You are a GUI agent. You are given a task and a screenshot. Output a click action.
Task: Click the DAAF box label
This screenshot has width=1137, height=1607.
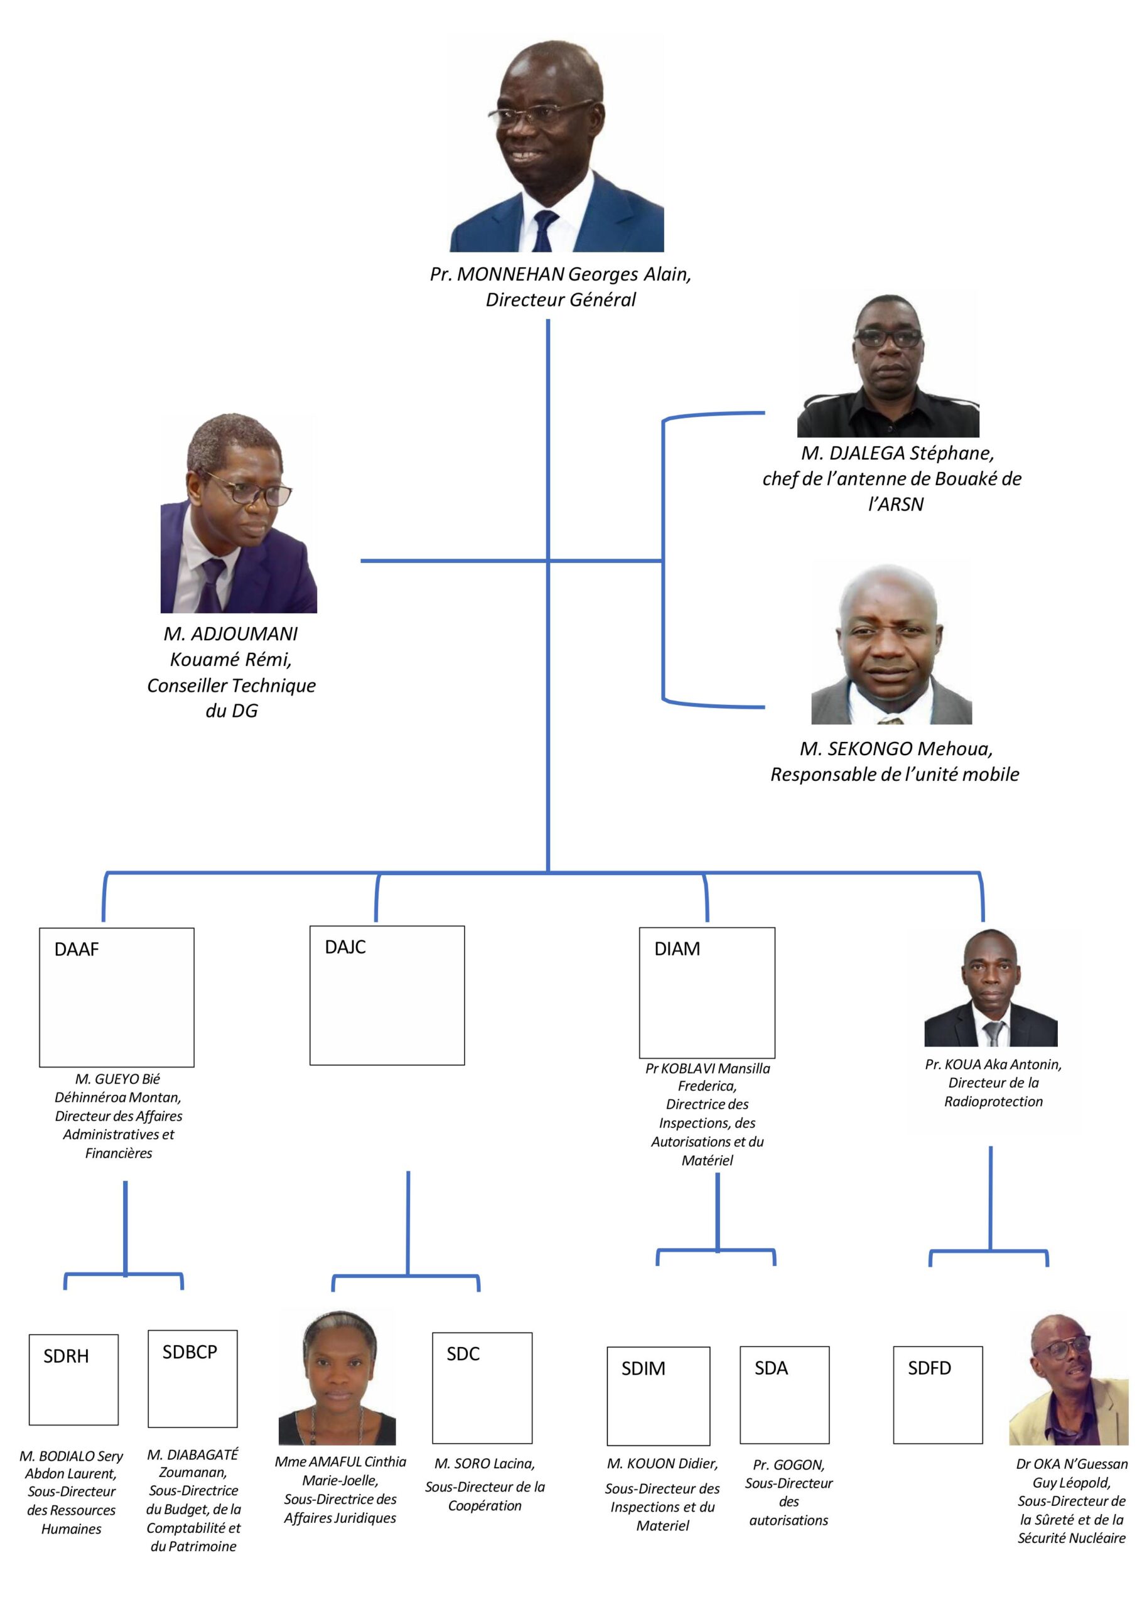coord(77,950)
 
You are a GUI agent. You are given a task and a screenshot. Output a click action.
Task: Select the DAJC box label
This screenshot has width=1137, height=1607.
coord(345,947)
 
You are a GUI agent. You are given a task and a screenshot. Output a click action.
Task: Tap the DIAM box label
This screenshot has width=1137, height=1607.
coord(677,949)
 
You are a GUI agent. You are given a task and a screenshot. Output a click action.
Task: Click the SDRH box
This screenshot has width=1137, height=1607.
coord(73,1380)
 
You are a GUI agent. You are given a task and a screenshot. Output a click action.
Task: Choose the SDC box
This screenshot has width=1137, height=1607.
coord(482,1387)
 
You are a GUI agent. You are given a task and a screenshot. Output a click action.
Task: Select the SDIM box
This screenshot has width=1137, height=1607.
coord(658,1395)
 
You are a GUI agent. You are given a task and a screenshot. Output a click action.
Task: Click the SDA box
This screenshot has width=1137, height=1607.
coord(784,1394)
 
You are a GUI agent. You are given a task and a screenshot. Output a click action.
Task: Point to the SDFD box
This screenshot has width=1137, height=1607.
coord(937,1394)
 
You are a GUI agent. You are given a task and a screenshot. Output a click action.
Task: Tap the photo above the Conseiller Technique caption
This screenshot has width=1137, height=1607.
coord(239,513)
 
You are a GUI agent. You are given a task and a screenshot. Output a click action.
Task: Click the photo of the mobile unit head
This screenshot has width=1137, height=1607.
coord(892,645)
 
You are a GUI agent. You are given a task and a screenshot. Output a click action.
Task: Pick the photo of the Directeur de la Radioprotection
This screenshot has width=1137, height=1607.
coord(991,988)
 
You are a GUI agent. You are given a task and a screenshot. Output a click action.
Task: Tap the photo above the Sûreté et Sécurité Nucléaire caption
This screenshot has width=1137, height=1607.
coord(1069,1380)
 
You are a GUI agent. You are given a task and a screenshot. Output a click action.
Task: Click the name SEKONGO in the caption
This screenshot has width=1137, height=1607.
coord(870,750)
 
